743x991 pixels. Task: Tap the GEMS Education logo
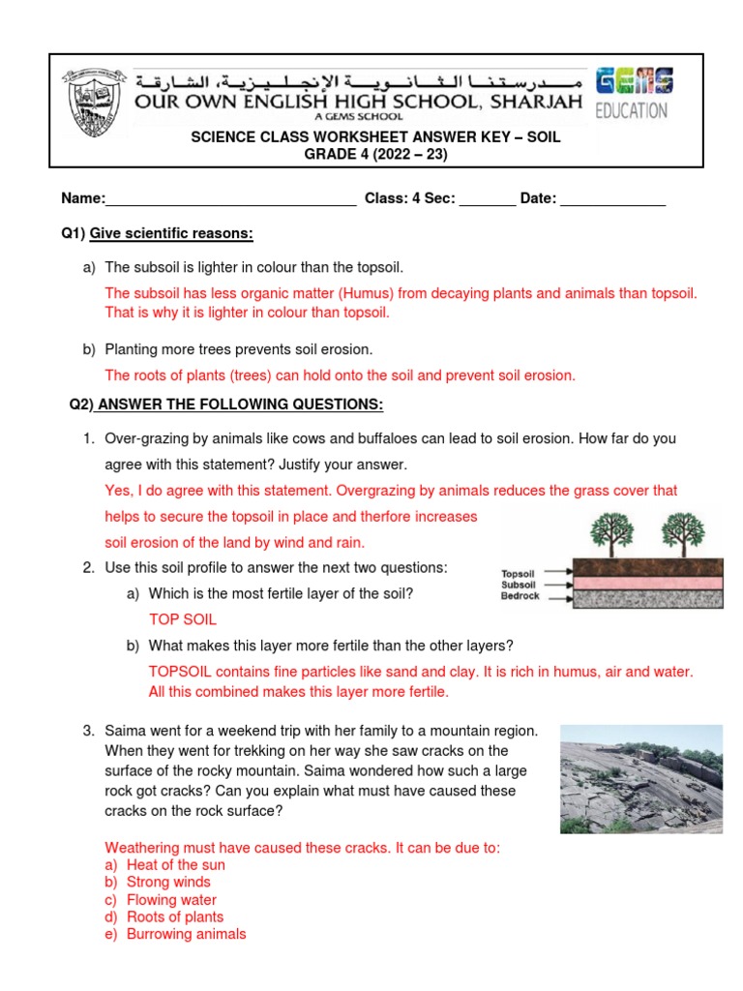pos(634,94)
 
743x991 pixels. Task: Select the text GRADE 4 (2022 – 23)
pos(375,155)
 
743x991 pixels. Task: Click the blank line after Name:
pos(230,199)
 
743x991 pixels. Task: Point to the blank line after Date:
pos(613,199)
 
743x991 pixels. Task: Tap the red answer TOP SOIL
pos(182,619)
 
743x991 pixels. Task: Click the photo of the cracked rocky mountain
pos(640,779)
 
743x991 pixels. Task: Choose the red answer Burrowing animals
pos(186,934)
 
